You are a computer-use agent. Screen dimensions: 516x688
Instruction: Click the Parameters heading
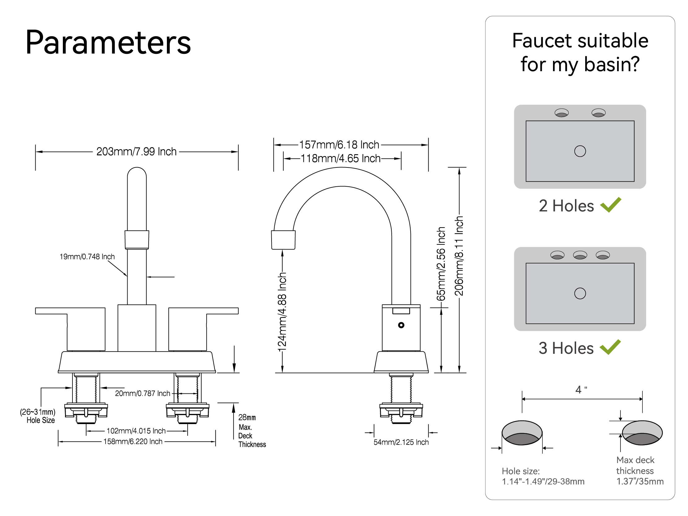coord(108,43)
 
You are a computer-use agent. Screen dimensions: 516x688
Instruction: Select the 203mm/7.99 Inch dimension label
coord(136,152)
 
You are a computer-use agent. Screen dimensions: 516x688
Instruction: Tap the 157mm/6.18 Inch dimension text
coord(339,145)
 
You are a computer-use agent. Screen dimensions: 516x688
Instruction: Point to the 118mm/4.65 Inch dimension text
coord(341,158)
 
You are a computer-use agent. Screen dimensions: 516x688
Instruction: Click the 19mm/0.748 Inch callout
coord(87,257)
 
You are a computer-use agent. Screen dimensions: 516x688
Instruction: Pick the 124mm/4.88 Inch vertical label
coord(282,312)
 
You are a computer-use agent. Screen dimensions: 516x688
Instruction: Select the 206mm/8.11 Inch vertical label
coord(459,256)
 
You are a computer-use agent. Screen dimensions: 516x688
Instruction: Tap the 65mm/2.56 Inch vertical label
coord(441,264)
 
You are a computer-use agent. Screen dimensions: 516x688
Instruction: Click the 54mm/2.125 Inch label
coord(401,442)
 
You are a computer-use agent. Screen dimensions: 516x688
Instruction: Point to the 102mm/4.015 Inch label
coord(136,431)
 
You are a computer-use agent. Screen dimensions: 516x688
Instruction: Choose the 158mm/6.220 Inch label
coord(133,442)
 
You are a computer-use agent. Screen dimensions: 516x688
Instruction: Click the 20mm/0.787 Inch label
coord(142,393)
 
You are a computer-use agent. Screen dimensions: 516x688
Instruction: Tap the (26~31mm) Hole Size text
coord(38,416)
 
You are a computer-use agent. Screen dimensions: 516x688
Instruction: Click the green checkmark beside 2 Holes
coord(611,205)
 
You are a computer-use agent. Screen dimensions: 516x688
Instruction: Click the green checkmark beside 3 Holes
coord(610,347)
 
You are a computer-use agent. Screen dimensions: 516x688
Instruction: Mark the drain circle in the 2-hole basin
coord(580,151)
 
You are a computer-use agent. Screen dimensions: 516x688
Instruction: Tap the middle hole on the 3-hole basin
coord(580,255)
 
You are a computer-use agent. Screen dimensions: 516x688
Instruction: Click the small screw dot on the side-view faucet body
coord(401,325)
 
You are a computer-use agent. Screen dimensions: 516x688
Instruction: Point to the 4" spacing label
coord(581,390)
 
